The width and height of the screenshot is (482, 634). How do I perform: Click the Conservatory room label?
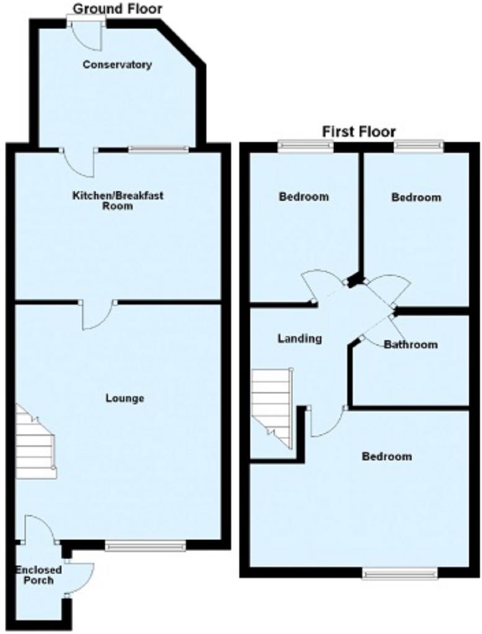117,64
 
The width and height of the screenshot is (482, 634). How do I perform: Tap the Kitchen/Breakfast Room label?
118,201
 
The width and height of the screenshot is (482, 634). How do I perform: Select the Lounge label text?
125,399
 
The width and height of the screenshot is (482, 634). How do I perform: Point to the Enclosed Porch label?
38,575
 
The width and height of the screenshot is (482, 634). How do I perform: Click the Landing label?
299,339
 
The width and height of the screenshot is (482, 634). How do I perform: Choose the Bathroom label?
410,344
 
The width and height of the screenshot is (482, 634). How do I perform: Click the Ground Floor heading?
117,9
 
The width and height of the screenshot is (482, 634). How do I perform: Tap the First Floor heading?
359,131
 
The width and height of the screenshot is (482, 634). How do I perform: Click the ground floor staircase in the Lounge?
35,442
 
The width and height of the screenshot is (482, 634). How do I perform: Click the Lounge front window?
146,547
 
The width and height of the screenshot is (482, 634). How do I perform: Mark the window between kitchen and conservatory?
159,149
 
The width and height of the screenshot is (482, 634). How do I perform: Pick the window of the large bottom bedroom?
400,573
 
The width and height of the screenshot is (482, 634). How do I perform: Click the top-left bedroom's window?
305,146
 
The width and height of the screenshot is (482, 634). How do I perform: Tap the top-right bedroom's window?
418,146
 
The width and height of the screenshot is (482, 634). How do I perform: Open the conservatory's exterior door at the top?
86,35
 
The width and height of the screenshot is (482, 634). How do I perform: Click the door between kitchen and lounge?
99,315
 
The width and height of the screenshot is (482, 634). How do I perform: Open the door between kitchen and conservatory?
79,163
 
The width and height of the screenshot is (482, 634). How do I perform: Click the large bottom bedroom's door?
327,422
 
